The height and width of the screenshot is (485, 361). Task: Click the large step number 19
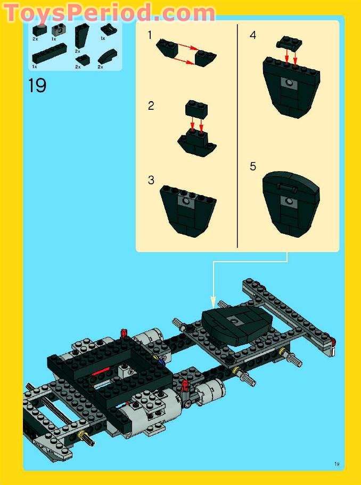(x=37, y=85)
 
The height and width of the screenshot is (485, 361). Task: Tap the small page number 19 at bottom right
(x=337, y=464)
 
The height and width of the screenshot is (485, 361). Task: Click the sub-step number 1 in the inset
(x=150, y=35)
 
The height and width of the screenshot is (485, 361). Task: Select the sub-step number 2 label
(x=151, y=106)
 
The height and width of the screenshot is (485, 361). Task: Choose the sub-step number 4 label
(x=253, y=35)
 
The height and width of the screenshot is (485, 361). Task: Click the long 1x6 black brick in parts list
(x=49, y=55)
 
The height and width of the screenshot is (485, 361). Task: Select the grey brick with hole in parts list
(x=58, y=30)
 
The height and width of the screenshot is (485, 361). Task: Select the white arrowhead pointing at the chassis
(x=213, y=302)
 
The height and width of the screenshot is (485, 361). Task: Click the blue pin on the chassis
(x=161, y=362)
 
